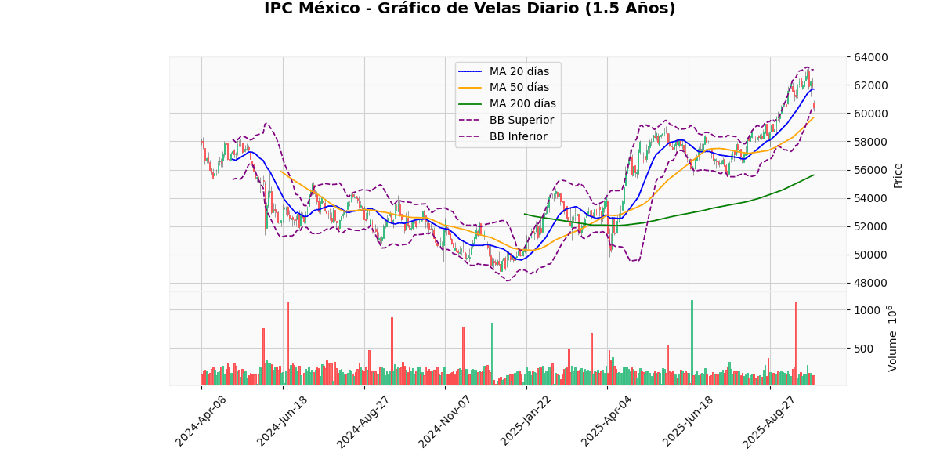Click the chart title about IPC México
point(469,9)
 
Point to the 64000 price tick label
point(870,57)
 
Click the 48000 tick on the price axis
point(870,283)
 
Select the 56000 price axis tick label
point(870,170)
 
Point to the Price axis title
point(898,175)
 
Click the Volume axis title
point(892,338)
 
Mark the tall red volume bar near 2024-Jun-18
point(287,342)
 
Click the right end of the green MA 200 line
point(814,175)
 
